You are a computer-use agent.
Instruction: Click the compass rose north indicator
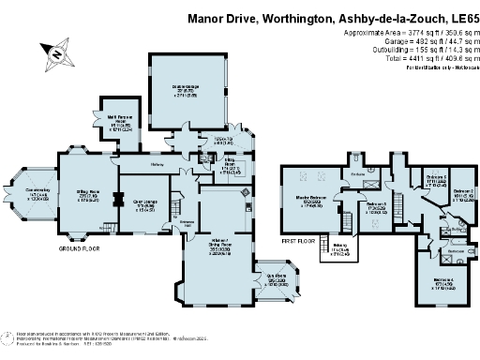tap(57, 54)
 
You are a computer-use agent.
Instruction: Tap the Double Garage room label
tap(187, 90)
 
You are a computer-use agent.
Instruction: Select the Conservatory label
tap(36, 194)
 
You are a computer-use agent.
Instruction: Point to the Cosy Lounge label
tap(143, 205)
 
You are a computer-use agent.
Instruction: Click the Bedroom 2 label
tap(464, 194)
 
